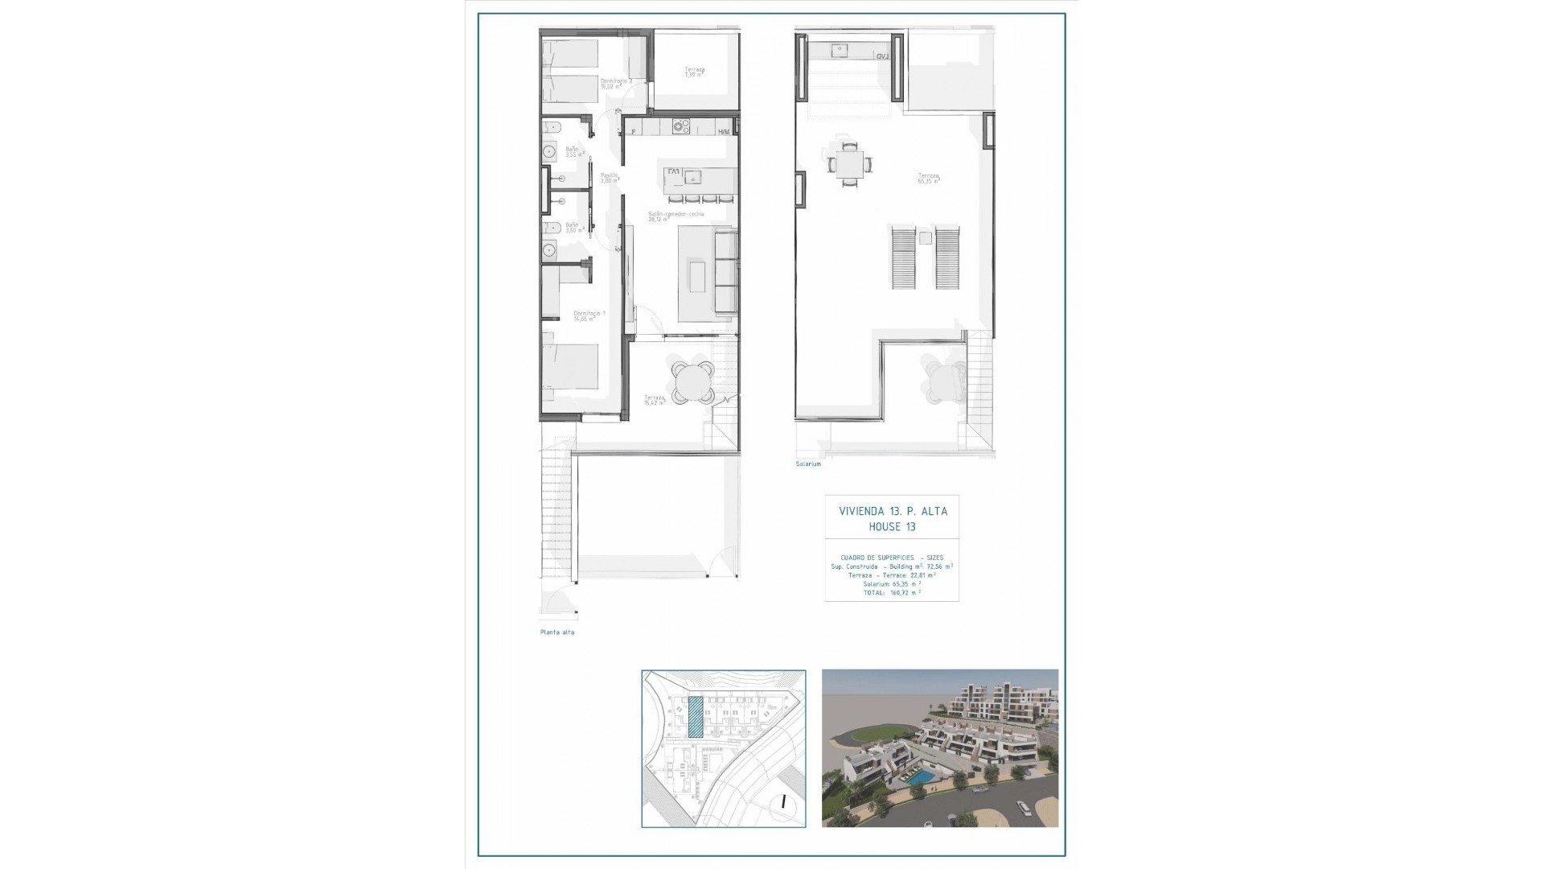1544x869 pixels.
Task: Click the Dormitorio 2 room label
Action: click(615, 84)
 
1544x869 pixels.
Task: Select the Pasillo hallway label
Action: click(609, 177)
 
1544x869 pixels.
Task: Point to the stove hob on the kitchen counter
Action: click(681, 126)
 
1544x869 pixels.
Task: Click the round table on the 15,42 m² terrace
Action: click(693, 381)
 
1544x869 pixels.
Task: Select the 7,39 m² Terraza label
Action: click(695, 72)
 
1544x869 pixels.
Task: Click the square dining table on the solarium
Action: click(849, 164)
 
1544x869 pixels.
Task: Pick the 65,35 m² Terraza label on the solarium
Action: click(930, 178)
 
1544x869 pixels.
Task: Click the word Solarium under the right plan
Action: click(808, 464)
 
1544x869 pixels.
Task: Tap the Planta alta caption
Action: click(557, 632)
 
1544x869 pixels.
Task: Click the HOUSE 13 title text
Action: click(892, 527)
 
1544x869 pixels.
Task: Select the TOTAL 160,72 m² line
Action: click(891, 592)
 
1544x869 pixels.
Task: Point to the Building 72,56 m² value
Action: click(938, 566)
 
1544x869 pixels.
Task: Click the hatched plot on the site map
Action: click(696, 718)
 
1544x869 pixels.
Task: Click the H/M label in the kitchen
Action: click(725, 132)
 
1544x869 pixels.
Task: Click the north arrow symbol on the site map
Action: click(782, 801)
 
